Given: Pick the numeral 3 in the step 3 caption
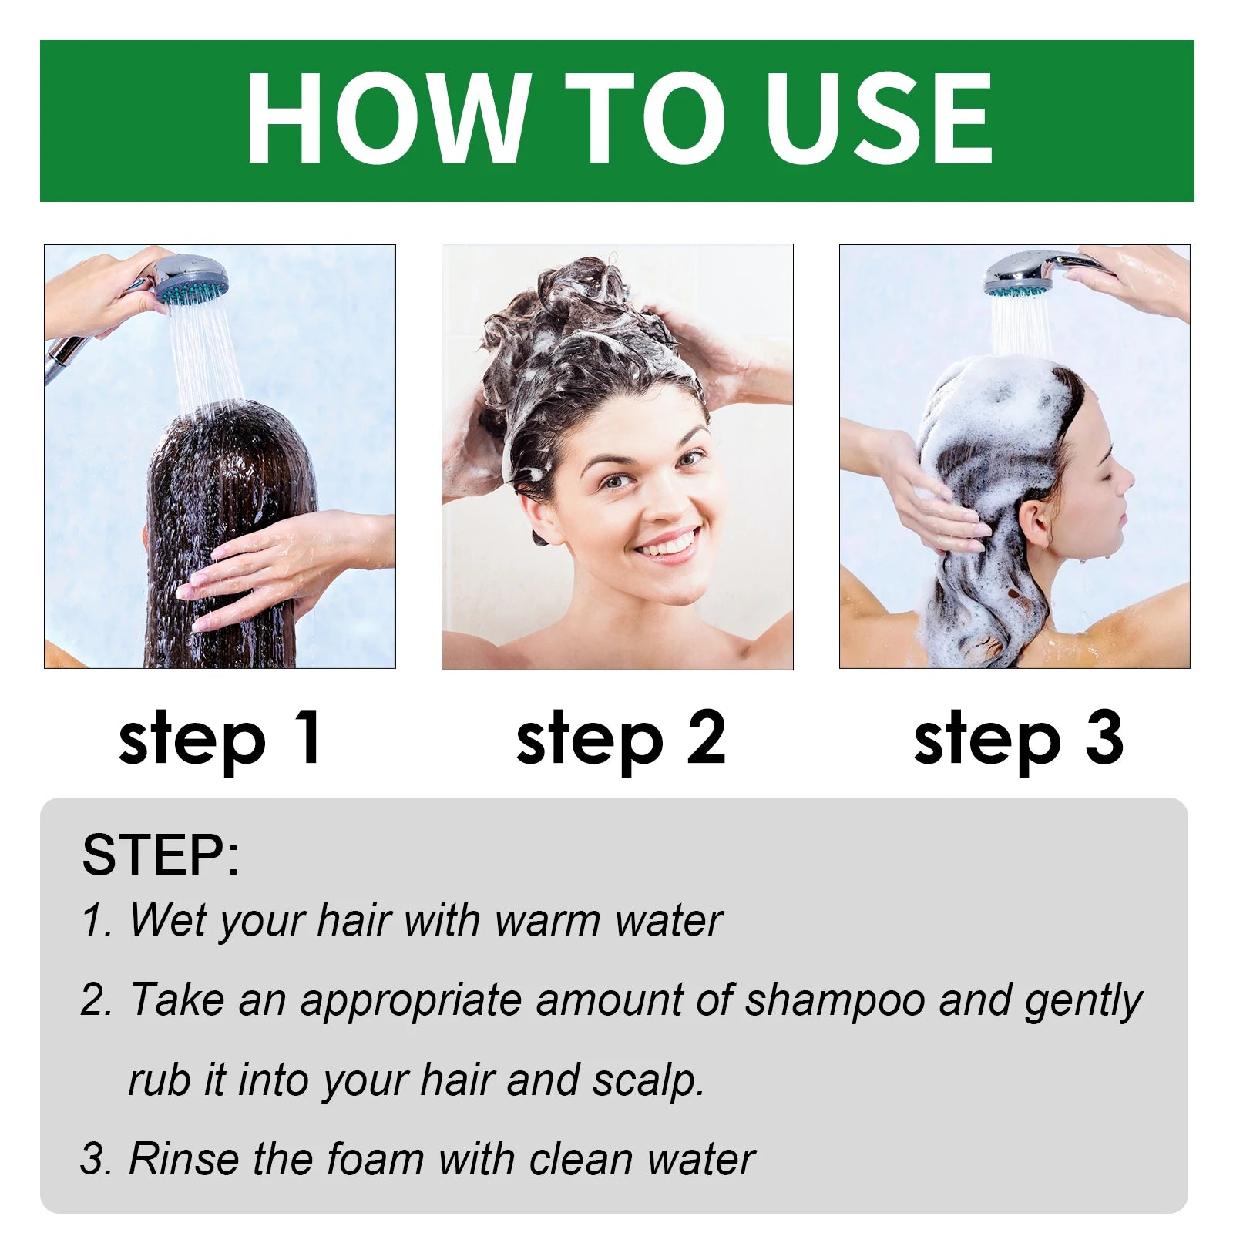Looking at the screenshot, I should (1104, 737).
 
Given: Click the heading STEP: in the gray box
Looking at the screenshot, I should (160, 855).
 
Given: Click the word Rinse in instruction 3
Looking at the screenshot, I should (183, 1159).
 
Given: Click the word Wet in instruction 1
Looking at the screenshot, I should (160, 920).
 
